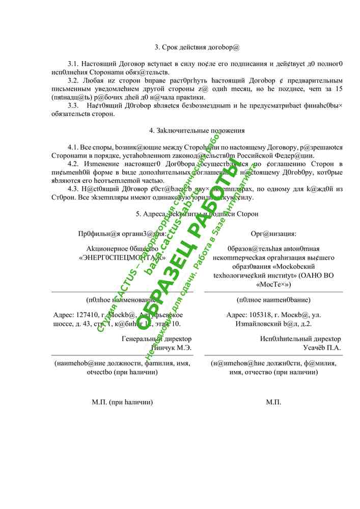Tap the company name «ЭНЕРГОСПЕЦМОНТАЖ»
click(x=122, y=258)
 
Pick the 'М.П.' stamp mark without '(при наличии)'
click(x=273, y=402)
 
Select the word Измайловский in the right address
click(x=257, y=323)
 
